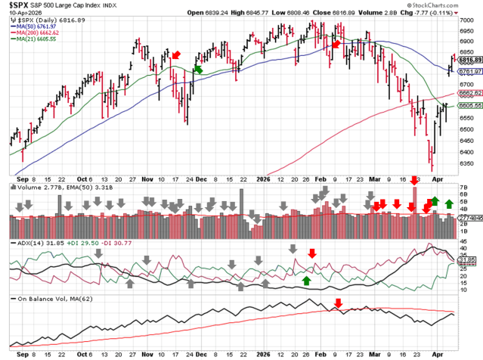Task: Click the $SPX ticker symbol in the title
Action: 20,5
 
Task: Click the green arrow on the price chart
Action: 199,69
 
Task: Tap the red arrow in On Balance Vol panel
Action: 338,303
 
